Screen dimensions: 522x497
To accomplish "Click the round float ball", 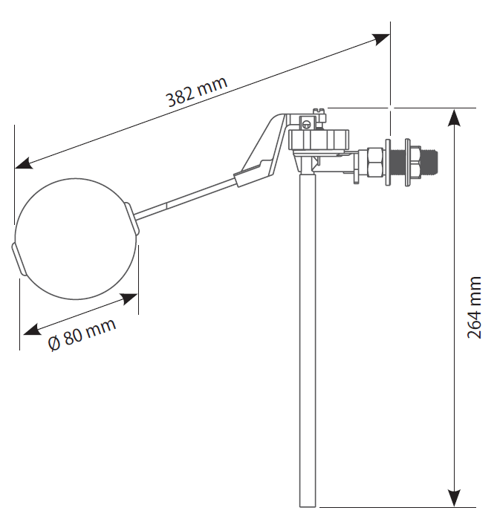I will pyautogui.click(x=75, y=231).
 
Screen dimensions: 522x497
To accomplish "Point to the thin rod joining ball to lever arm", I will pyautogui.click(x=186, y=198).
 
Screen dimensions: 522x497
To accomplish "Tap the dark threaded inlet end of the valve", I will pyautogui.click(x=429, y=158).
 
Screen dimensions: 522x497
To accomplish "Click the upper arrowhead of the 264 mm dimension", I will pyautogui.click(x=454, y=117).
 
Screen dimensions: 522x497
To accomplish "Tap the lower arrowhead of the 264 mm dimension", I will pyautogui.click(x=454, y=498).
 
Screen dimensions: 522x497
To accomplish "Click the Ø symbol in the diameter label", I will pyautogui.click(x=54, y=345).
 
